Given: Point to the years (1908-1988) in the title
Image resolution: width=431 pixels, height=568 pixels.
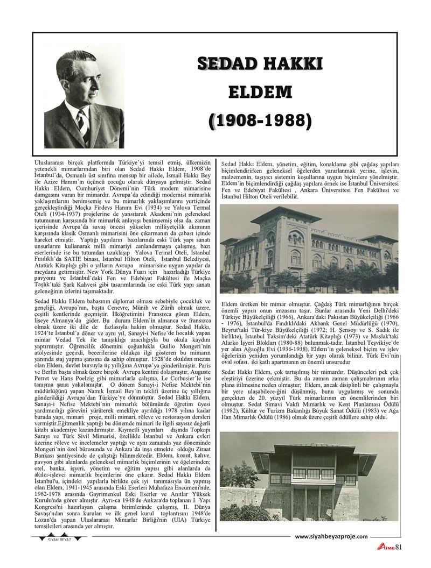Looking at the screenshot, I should (x=260, y=120).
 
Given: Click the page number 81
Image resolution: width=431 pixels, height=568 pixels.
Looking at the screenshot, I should (x=399, y=548).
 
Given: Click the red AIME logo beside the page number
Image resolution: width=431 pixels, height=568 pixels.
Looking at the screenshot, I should (x=386, y=548).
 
